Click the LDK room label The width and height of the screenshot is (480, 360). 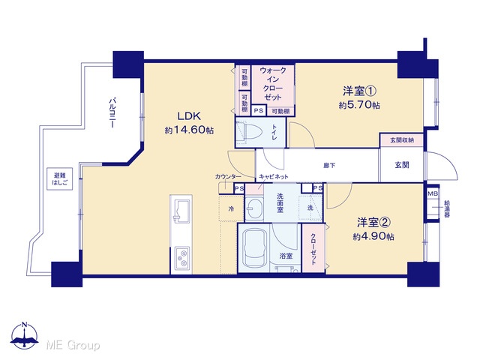[189, 116]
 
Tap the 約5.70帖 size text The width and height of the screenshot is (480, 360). [359, 105]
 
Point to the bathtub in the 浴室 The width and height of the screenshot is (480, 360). [253, 247]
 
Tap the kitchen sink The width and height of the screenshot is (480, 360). [181, 210]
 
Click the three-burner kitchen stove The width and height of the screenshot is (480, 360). [181, 258]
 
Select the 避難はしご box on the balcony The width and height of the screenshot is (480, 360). [60, 178]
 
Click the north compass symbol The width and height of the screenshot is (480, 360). [25, 336]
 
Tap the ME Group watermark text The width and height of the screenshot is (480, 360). [73, 345]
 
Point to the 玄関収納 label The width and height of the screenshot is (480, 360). [402, 140]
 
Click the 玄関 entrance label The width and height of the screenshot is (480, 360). [402, 165]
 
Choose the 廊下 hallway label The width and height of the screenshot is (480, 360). [329, 166]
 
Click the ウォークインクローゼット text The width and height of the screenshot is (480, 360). [273, 83]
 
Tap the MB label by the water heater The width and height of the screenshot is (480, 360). [433, 193]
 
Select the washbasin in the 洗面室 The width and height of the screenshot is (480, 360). [255, 209]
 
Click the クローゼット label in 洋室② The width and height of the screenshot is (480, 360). [313, 249]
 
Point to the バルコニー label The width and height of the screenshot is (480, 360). [112, 112]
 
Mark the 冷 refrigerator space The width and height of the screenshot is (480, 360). [231, 209]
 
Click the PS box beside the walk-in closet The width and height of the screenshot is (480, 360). [259, 110]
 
